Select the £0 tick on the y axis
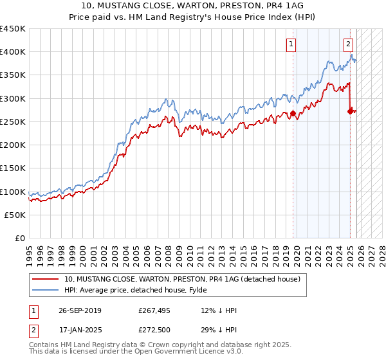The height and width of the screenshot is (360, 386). tap(21, 239)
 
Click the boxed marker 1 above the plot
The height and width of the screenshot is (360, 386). tap(291, 44)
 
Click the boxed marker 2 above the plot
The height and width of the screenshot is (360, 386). tap(348, 44)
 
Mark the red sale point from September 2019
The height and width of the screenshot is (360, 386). tap(293, 114)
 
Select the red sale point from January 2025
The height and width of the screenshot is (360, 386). tap(350, 111)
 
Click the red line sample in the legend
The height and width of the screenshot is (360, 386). tap(46, 279)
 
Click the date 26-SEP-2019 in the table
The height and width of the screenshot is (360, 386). tap(80, 310)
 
